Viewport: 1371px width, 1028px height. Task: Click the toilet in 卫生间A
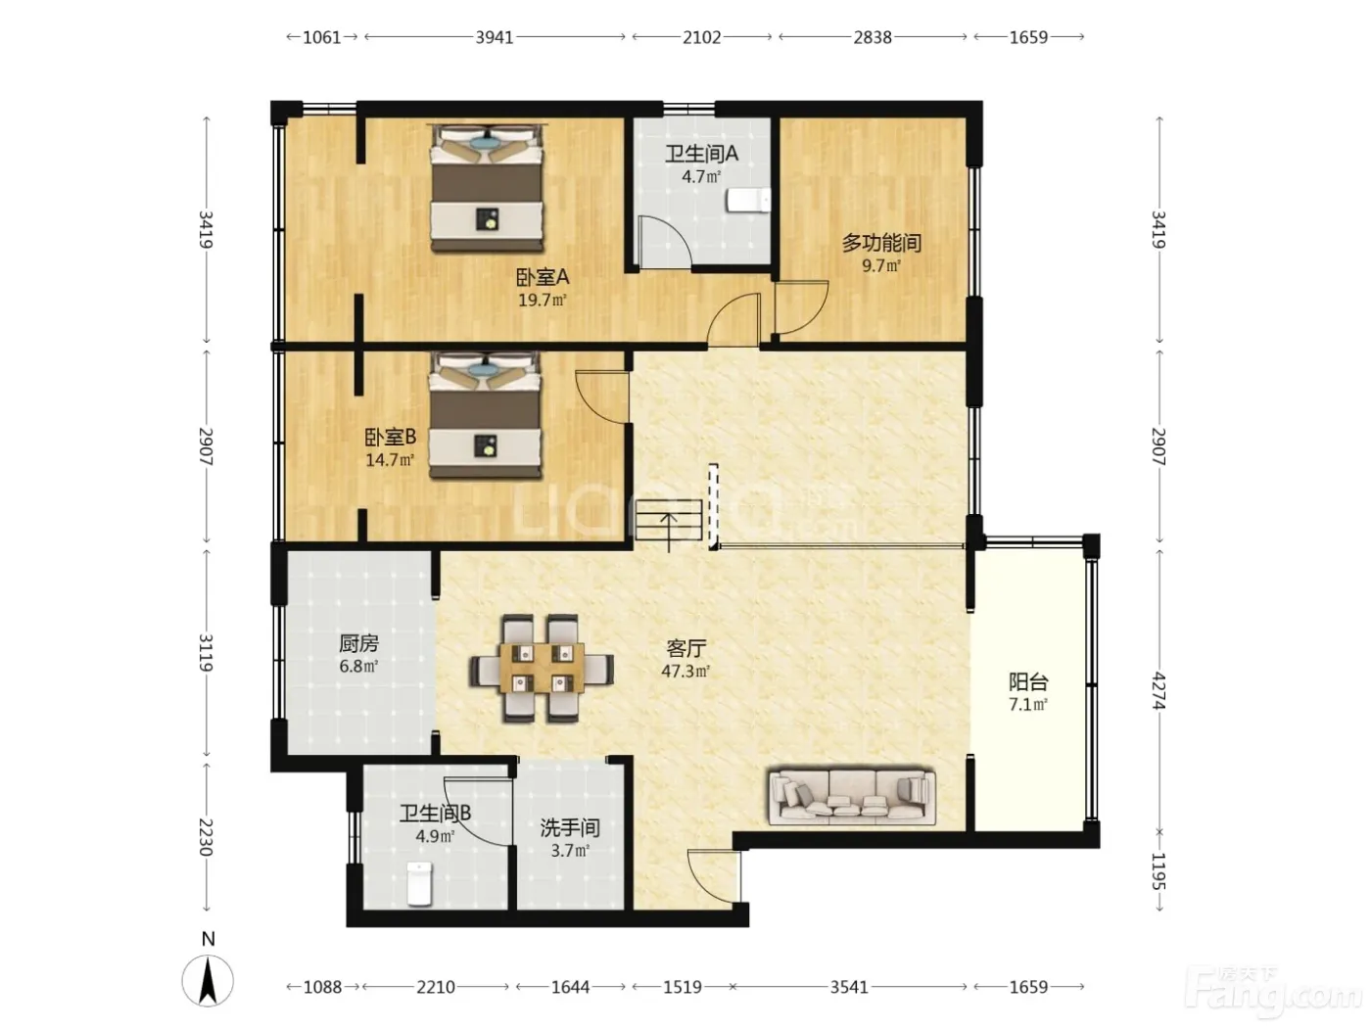coord(747,201)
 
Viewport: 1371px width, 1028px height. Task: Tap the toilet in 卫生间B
coord(419,883)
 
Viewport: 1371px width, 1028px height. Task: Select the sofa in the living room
coord(852,797)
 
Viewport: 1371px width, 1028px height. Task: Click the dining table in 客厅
coord(542,669)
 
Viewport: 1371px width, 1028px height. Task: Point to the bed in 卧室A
coord(486,188)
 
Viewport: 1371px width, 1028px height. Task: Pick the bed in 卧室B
coord(485,415)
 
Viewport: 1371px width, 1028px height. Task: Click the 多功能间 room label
coord(881,242)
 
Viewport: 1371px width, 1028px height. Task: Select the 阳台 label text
coord(1028,681)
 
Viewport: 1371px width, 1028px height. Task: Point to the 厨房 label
coord(359,643)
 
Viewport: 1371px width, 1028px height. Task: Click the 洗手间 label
coord(570,827)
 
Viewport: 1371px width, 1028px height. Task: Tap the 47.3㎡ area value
coord(685,671)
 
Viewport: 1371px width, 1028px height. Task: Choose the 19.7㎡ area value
coord(543,301)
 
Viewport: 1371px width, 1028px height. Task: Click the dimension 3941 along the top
coord(495,37)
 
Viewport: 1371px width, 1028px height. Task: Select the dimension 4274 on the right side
coord(1158,690)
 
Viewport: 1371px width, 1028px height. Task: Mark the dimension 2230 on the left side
coord(206,837)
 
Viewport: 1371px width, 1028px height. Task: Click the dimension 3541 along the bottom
coord(849,987)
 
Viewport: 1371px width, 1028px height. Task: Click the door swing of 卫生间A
coord(663,241)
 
